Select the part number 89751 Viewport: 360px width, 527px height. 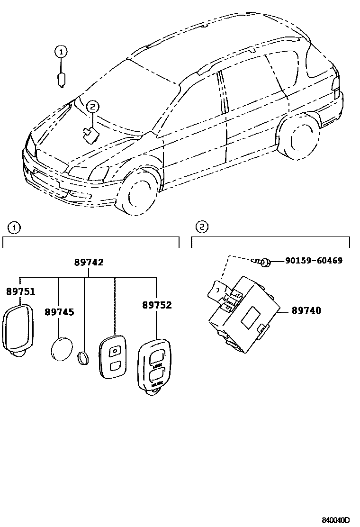tap(20, 291)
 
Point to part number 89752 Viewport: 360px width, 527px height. tap(157, 305)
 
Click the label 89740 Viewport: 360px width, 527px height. tap(306, 311)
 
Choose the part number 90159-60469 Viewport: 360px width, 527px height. tap(314, 261)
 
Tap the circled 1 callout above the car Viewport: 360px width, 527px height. tap(61, 51)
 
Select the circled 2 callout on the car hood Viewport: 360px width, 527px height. tap(92, 107)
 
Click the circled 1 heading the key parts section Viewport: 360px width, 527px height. tap(15, 228)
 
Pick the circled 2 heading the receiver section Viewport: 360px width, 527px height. tap(202, 228)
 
